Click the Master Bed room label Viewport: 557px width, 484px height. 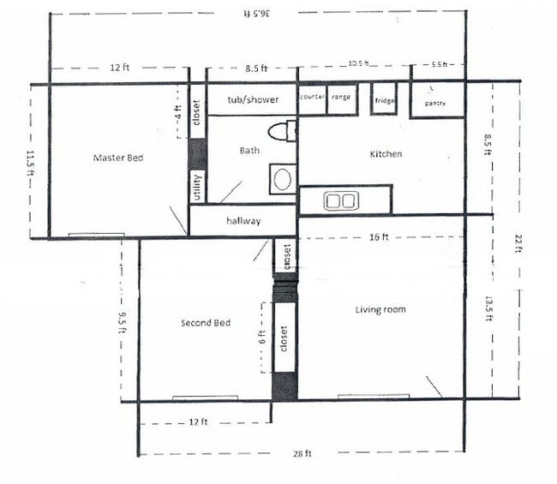coord(118,158)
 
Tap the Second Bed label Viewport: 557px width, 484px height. coord(206,323)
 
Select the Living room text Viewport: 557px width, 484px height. coord(380,309)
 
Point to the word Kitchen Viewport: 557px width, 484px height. coord(386,154)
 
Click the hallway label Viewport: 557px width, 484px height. coord(243,221)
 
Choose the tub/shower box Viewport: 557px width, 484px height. coord(253,100)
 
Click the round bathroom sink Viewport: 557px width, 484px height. coord(281,181)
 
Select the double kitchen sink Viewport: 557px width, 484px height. coord(340,201)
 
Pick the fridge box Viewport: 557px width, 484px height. coord(385,101)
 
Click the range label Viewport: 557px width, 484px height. coord(341,98)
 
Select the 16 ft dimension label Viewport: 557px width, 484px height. coord(379,236)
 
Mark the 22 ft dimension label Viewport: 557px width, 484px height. coord(518,244)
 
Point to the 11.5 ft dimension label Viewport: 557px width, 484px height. coord(31,162)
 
